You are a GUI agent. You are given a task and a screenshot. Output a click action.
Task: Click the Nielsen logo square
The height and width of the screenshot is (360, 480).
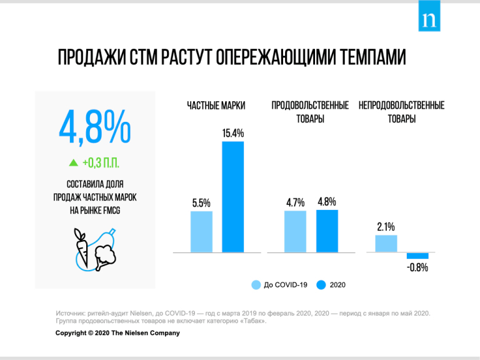coord(430,19)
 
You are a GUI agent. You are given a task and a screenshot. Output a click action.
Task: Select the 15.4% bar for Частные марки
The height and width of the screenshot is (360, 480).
coord(232,197)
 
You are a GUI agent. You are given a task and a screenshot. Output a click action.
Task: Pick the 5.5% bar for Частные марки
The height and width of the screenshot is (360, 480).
coord(201,231)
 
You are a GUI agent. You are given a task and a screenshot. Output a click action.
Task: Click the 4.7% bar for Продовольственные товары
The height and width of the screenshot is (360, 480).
coord(295,231)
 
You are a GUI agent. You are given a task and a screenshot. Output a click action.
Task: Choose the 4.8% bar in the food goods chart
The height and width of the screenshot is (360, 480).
coord(327,231)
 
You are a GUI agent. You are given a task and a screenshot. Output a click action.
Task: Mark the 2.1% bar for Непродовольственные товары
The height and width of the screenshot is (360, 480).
coord(386,243)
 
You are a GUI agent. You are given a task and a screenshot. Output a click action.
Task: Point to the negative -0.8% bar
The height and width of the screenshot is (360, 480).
coord(417,256)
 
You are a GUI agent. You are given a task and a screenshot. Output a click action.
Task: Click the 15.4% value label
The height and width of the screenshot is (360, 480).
coord(232,134)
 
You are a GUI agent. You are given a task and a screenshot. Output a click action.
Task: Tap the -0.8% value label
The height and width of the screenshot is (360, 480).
coord(417,268)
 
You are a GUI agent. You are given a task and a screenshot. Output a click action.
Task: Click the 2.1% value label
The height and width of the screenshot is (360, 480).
coord(386,227)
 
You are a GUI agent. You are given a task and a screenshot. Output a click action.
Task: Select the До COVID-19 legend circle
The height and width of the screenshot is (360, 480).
coord(256,285)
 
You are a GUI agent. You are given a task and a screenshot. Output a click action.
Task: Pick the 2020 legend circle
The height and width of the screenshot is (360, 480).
coord(321,285)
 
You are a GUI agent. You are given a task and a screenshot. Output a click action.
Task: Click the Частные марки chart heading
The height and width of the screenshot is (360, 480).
coord(216,106)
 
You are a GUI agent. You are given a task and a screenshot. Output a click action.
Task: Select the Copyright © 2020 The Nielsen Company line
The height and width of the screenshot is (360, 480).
coord(117,332)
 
